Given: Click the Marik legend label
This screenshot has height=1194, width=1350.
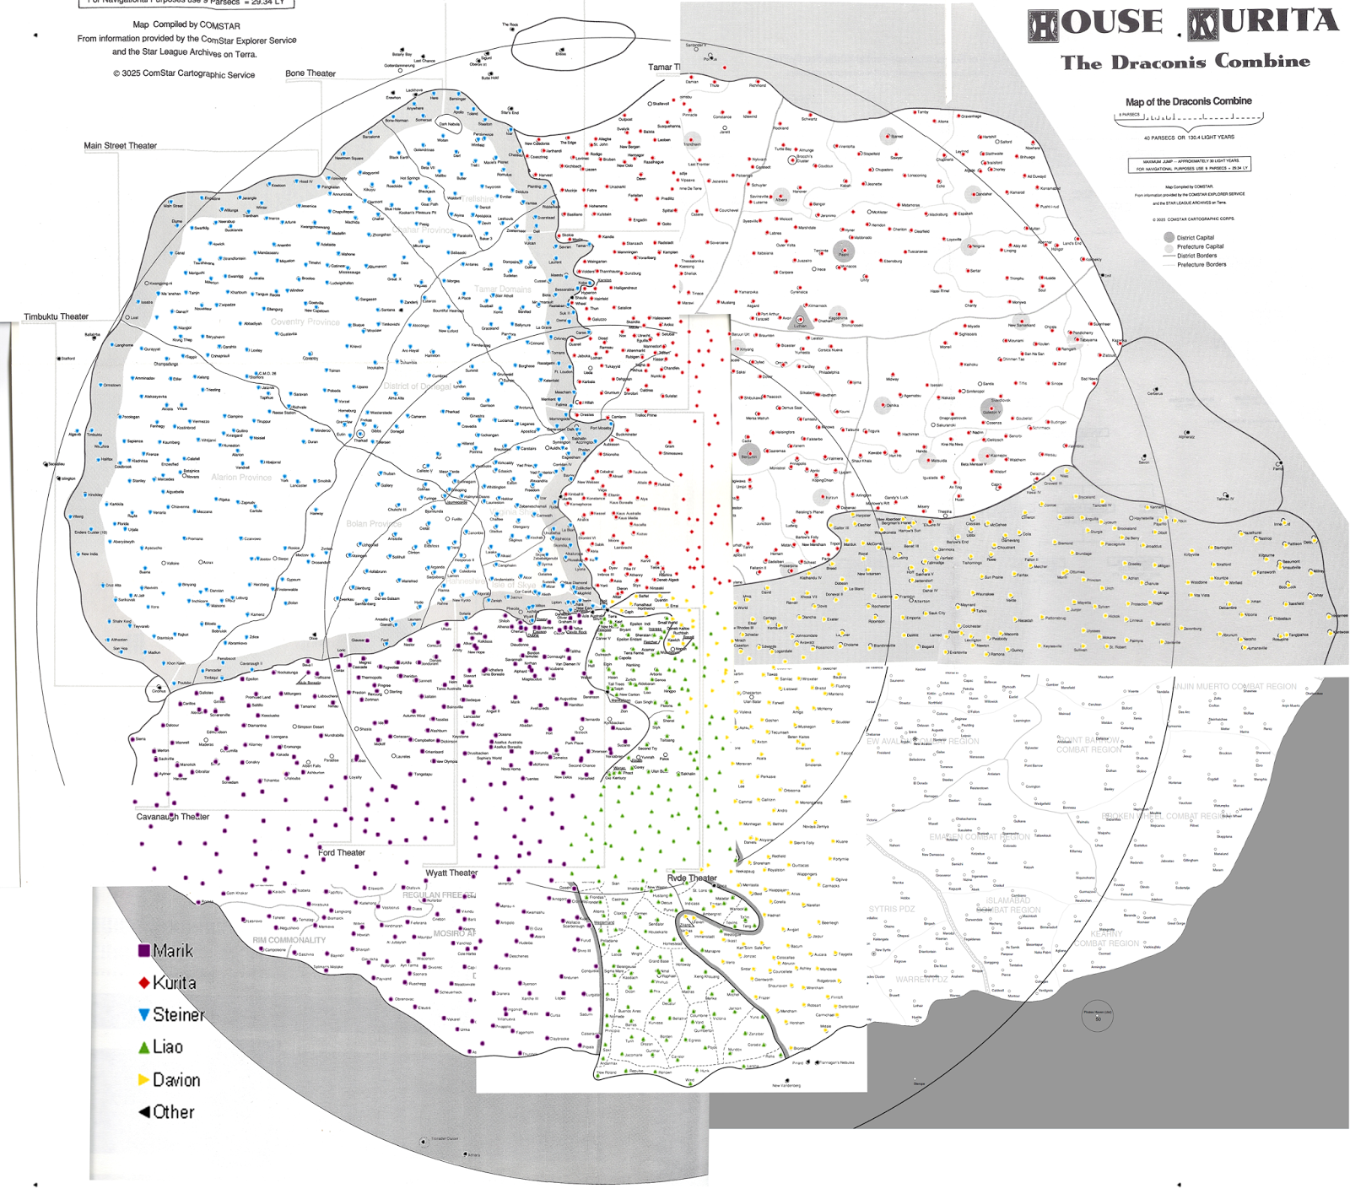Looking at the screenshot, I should pyautogui.click(x=173, y=951).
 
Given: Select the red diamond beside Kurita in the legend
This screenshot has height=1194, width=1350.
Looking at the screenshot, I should pyautogui.click(x=144, y=983).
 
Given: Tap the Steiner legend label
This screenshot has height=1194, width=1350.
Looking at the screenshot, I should pyautogui.click(x=178, y=1015).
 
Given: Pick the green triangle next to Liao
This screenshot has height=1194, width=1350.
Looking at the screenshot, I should pyautogui.click(x=144, y=1048).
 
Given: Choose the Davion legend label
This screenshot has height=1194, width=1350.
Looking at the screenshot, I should pyautogui.click(x=176, y=1080).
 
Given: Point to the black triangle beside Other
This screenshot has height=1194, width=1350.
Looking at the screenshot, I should pyautogui.click(x=144, y=1112).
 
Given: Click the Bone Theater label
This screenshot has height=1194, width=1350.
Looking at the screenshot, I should pyautogui.click(x=310, y=73).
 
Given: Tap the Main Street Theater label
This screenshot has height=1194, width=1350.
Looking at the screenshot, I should pyautogui.click(x=120, y=146).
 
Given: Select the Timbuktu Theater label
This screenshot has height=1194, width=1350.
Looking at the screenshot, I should pyautogui.click(x=56, y=317).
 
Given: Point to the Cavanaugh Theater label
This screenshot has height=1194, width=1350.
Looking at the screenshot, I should pyautogui.click(x=173, y=817).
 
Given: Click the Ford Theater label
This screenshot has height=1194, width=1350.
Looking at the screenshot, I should pyautogui.click(x=342, y=853).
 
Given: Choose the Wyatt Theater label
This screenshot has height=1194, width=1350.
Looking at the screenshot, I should pyautogui.click(x=451, y=873).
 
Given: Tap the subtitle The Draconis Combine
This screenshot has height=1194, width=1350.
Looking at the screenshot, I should pyautogui.click(x=1185, y=62).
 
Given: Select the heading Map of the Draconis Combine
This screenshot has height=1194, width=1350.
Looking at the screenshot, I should pyautogui.click(x=1188, y=101).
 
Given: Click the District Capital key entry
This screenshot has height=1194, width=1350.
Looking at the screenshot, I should pyautogui.click(x=1196, y=238).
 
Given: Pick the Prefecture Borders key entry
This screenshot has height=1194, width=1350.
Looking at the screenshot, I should pyautogui.click(x=1201, y=265).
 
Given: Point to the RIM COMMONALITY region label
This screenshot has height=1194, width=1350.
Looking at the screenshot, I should pyautogui.click(x=289, y=940).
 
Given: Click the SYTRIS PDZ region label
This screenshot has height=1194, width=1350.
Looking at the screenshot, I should pyautogui.click(x=892, y=909).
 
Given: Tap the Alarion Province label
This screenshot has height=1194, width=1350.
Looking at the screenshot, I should pyautogui.click(x=241, y=478).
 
